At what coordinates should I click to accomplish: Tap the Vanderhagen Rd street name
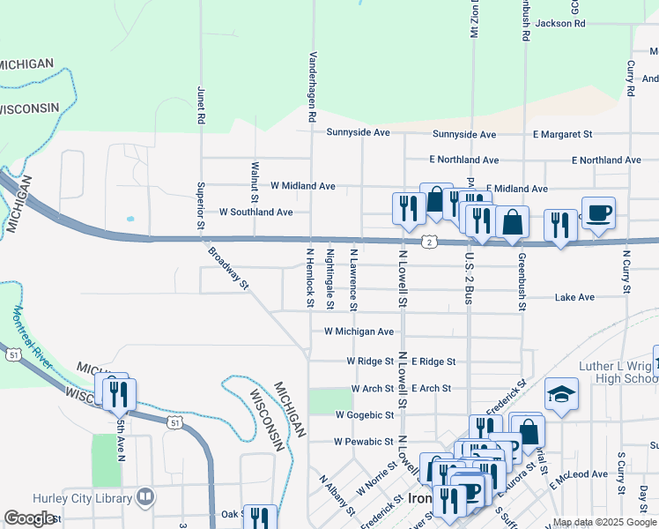tap(312, 86)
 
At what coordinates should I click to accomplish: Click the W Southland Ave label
tap(255, 212)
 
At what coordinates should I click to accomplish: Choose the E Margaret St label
tap(562, 134)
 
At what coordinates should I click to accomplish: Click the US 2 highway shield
tap(428, 242)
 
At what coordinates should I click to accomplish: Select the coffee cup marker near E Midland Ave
tap(598, 213)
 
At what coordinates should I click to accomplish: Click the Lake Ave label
tap(574, 298)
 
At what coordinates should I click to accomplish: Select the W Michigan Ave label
tap(359, 332)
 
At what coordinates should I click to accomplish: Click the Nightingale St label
tap(330, 279)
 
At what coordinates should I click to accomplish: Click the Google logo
tap(30, 518)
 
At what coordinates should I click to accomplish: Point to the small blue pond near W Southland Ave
tap(130, 219)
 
